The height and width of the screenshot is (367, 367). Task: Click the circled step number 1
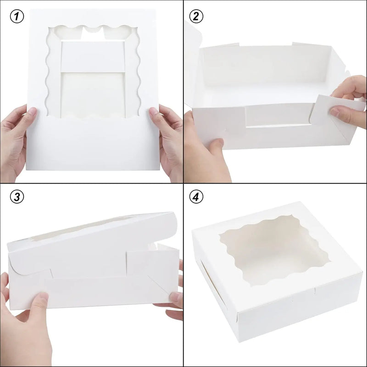(x=17, y=16)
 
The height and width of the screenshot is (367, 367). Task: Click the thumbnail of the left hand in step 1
(x=31, y=111)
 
